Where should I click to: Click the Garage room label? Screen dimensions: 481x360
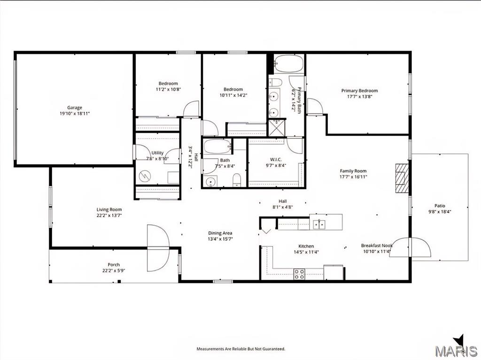pyautogui.click(x=75, y=107)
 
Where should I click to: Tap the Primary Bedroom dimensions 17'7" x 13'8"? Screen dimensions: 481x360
pyautogui.click(x=359, y=97)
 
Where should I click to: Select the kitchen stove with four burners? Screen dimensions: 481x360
pyautogui.click(x=299, y=274)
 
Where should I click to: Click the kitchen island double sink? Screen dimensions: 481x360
pyautogui.click(x=319, y=224)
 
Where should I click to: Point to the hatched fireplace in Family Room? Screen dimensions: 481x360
pyautogui.click(x=402, y=178)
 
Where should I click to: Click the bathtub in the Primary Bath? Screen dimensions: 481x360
pyautogui.click(x=288, y=64)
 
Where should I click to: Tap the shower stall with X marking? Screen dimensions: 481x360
pyautogui.click(x=276, y=128)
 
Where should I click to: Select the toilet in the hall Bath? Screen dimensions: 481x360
pyautogui.click(x=237, y=180)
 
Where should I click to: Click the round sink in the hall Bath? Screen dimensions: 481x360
pyautogui.click(x=211, y=182)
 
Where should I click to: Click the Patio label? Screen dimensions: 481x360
pyautogui.click(x=440, y=206)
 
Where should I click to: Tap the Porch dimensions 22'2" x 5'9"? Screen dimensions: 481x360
pyautogui.click(x=114, y=271)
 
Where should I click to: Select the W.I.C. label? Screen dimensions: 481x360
pyautogui.click(x=276, y=160)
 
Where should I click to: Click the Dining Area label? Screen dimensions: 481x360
pyautogui.click(x=220, y=233)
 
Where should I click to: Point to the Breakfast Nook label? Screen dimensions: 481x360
pyautogui.click(x=377, y=245)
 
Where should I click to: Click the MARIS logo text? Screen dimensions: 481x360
pyautogui.click(x=456, y=351)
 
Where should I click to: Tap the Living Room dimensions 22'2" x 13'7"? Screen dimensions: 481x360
pyautogui.click(x=109, y=215)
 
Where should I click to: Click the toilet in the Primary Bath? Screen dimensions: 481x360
pyautogui.click(x=276, y=82)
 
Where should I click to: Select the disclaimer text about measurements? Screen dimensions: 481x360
pyautogui.click(x=241, y=349)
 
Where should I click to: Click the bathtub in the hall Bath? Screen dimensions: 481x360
pyautogui.click(x=217, y=147)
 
